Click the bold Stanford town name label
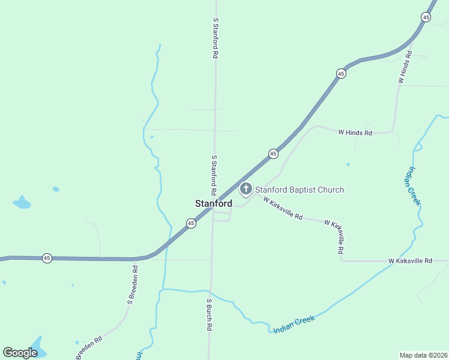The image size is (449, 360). [213, 203]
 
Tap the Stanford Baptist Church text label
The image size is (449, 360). [300, 190]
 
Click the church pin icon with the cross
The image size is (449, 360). [246, 190]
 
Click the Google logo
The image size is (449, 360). [20, 353]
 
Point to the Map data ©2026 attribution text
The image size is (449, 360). [423, 355]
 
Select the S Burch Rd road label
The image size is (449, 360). [209, 315]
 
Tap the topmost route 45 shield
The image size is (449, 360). [426, 17]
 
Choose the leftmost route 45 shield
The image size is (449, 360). [47, 258]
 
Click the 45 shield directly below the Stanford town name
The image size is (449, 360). [190, 223]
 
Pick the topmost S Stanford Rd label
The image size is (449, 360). [215, 37]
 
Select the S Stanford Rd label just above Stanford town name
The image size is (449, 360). [214, 173]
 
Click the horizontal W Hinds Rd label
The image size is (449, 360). [355, 132]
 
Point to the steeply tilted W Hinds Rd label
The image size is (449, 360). [404, 68]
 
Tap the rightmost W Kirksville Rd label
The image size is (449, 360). [410, 261]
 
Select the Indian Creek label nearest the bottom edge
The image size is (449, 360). [294, 325]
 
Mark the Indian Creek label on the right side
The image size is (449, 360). [414, 186]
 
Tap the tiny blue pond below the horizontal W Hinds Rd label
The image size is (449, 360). [348, 164]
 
